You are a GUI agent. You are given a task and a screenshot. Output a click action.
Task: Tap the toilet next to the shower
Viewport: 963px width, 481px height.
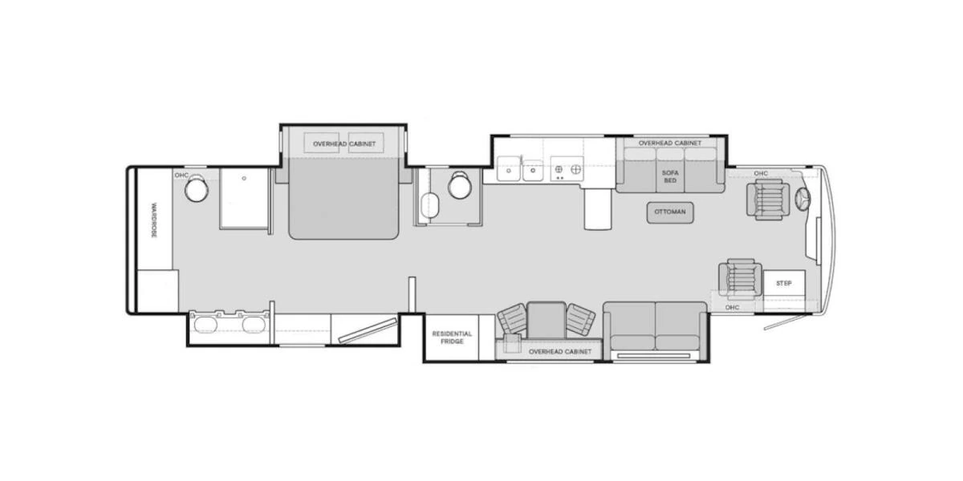point(197,189)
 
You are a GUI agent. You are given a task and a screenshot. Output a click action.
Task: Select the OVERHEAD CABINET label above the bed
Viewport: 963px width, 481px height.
point(343,144)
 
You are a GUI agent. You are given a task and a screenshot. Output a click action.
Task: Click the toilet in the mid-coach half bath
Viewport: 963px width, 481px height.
point(460,185)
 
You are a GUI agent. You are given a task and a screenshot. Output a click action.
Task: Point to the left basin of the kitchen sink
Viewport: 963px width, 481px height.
point(508,169)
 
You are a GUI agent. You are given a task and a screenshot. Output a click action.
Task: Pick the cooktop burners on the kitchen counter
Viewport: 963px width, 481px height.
point(567,170)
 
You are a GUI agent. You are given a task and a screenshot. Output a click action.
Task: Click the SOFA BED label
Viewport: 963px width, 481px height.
point(669,176)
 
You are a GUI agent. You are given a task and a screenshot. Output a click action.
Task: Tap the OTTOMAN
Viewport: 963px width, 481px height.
point(670,212)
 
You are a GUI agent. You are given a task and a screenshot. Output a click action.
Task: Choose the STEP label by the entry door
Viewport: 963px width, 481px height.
point(784,284)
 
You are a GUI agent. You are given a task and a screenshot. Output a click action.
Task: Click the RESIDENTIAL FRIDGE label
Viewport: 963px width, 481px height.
point(452,337)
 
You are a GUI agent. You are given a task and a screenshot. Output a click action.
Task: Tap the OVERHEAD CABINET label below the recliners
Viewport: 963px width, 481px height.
point(560,352)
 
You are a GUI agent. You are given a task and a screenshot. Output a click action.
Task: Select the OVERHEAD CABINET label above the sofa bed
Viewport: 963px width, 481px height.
point(669,143)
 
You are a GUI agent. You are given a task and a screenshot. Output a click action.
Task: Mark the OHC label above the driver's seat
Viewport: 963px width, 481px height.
point(761,173)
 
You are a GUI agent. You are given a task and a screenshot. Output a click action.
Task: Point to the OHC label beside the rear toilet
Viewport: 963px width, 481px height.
point(181,175)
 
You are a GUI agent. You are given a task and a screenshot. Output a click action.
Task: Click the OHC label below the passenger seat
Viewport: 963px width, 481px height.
point(731,307)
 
